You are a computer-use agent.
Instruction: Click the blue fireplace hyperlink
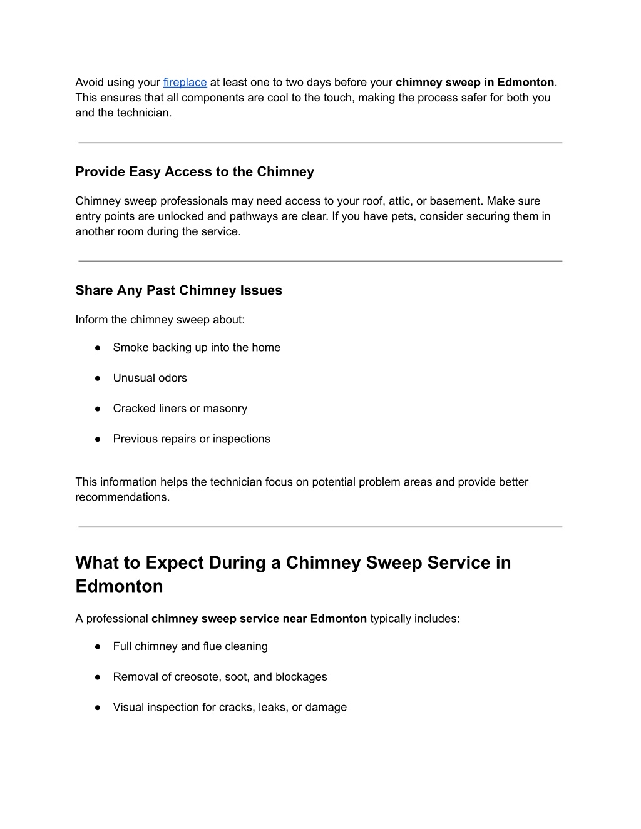(x=185, y=83)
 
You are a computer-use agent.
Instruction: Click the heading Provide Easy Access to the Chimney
(x=195, y=172)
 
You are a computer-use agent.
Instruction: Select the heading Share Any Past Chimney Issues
(x=178, y=290)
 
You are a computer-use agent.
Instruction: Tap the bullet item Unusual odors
(x=150, y=378)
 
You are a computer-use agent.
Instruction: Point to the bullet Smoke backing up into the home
(x=197, y=348)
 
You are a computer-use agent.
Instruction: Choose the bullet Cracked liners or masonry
(x=180, y=409)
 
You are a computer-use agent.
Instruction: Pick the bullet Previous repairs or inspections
(x=192, y=439)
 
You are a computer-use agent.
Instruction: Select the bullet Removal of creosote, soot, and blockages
(x=220, y=677)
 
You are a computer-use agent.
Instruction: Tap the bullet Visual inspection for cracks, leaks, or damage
(x=230, y=708)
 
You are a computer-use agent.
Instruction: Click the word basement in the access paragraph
(x=456, y=201)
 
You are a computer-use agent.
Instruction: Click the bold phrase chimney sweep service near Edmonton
(x=259, y=619)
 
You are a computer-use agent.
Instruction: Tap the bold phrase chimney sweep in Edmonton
(x=475, y=83)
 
